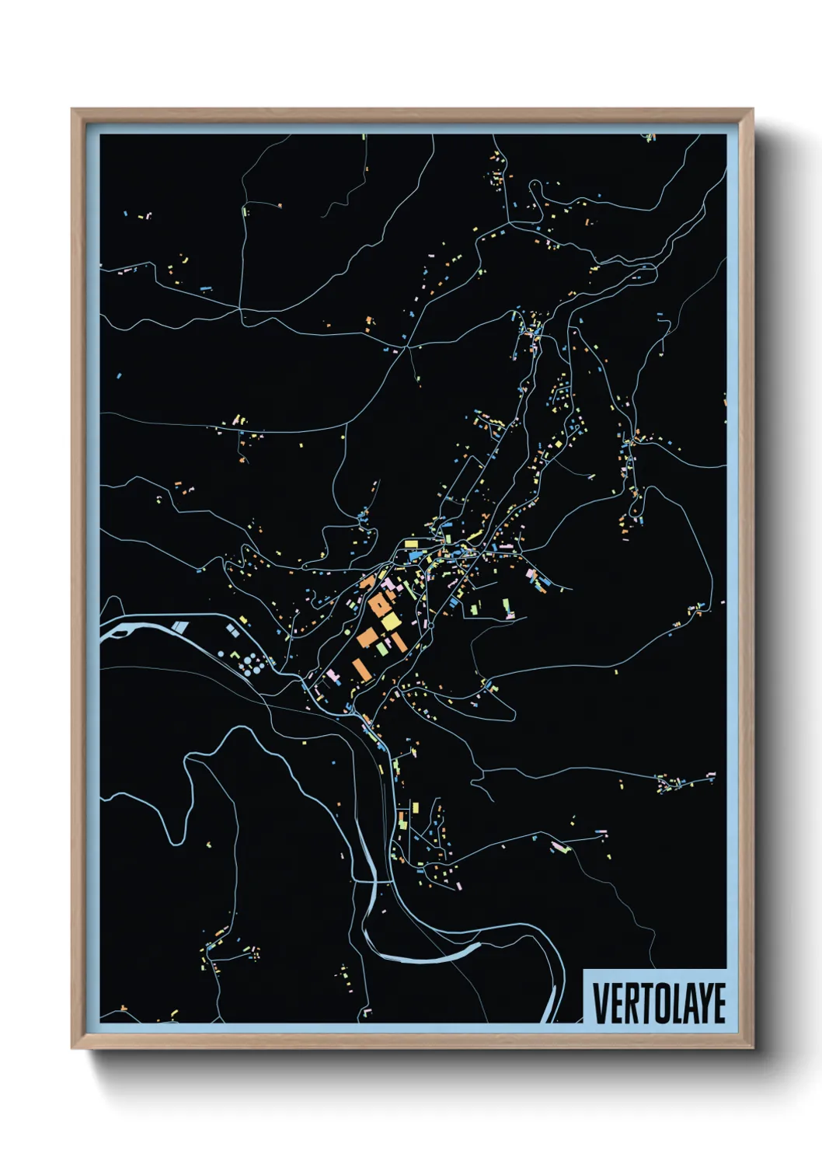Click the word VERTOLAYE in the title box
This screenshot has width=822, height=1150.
click(660, 1003)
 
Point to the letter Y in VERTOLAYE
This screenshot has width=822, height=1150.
click(703, 1003)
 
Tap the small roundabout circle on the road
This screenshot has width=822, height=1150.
click(429, 625)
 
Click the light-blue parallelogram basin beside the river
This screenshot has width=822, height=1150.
click(179, 626)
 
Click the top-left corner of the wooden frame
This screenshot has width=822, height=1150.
click(72, 110)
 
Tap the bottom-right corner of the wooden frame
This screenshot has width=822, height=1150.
click(752, 1048)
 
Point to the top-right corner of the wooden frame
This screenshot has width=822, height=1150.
click(752, 110)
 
